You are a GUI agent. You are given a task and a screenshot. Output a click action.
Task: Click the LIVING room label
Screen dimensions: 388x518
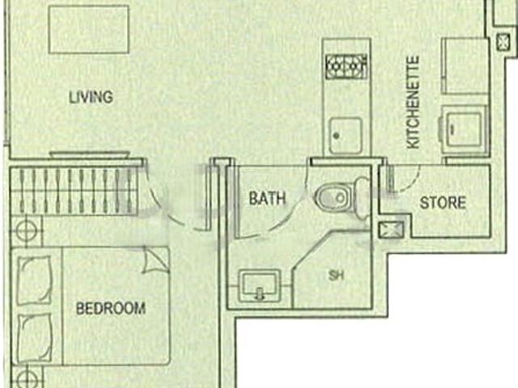pyautogui.click(x=91, y=98)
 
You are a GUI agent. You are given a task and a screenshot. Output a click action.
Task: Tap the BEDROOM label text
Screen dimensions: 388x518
pyautogui.click(x=111, y=308)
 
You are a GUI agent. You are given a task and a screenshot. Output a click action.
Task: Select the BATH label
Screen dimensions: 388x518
pyautogui.click(x=267, y=199)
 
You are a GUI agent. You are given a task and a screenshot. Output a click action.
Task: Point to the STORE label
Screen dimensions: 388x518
pyautogui.click(x=442, y=202)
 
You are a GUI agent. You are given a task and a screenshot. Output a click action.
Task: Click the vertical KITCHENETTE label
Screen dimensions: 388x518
pyautogui.click(x=414, y=101)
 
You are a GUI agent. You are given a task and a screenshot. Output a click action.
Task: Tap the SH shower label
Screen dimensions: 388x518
pyautogui.click(x=335, y=276)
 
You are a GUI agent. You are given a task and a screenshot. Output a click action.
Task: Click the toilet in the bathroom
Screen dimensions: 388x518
pyautogui.click(x=333, y=196)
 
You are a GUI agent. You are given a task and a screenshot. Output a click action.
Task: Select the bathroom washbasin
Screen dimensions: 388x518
pyautogui.click(x=259, y=285)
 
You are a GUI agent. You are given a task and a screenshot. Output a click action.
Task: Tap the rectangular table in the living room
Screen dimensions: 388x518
pyautogui.click(x=89, y=30)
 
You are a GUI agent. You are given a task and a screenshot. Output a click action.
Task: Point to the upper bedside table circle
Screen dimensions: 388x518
pyautogui.click(x=26, y=230)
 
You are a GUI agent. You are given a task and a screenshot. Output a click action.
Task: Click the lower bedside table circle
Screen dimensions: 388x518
pyautogui.click(x=26, y=377)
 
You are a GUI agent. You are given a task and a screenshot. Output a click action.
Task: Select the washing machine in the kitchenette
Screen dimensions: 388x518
pyautogui.click(x=461, y=129)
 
